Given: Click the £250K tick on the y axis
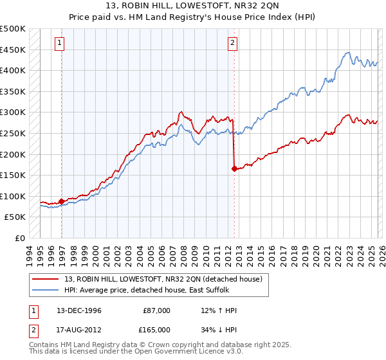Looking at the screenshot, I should (x=13, y=133).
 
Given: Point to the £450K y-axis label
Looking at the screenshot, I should (x=13, y=50).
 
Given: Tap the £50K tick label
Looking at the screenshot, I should (x=15, y=217).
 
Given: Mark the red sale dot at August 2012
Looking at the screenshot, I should (x=234, y=169).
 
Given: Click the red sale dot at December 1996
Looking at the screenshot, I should (x=62, y=201).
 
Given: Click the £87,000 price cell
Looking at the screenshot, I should (x=157, y=310).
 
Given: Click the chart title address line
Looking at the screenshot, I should (x=193, y=8).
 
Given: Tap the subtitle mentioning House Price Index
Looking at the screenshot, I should (x=193, y=19).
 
